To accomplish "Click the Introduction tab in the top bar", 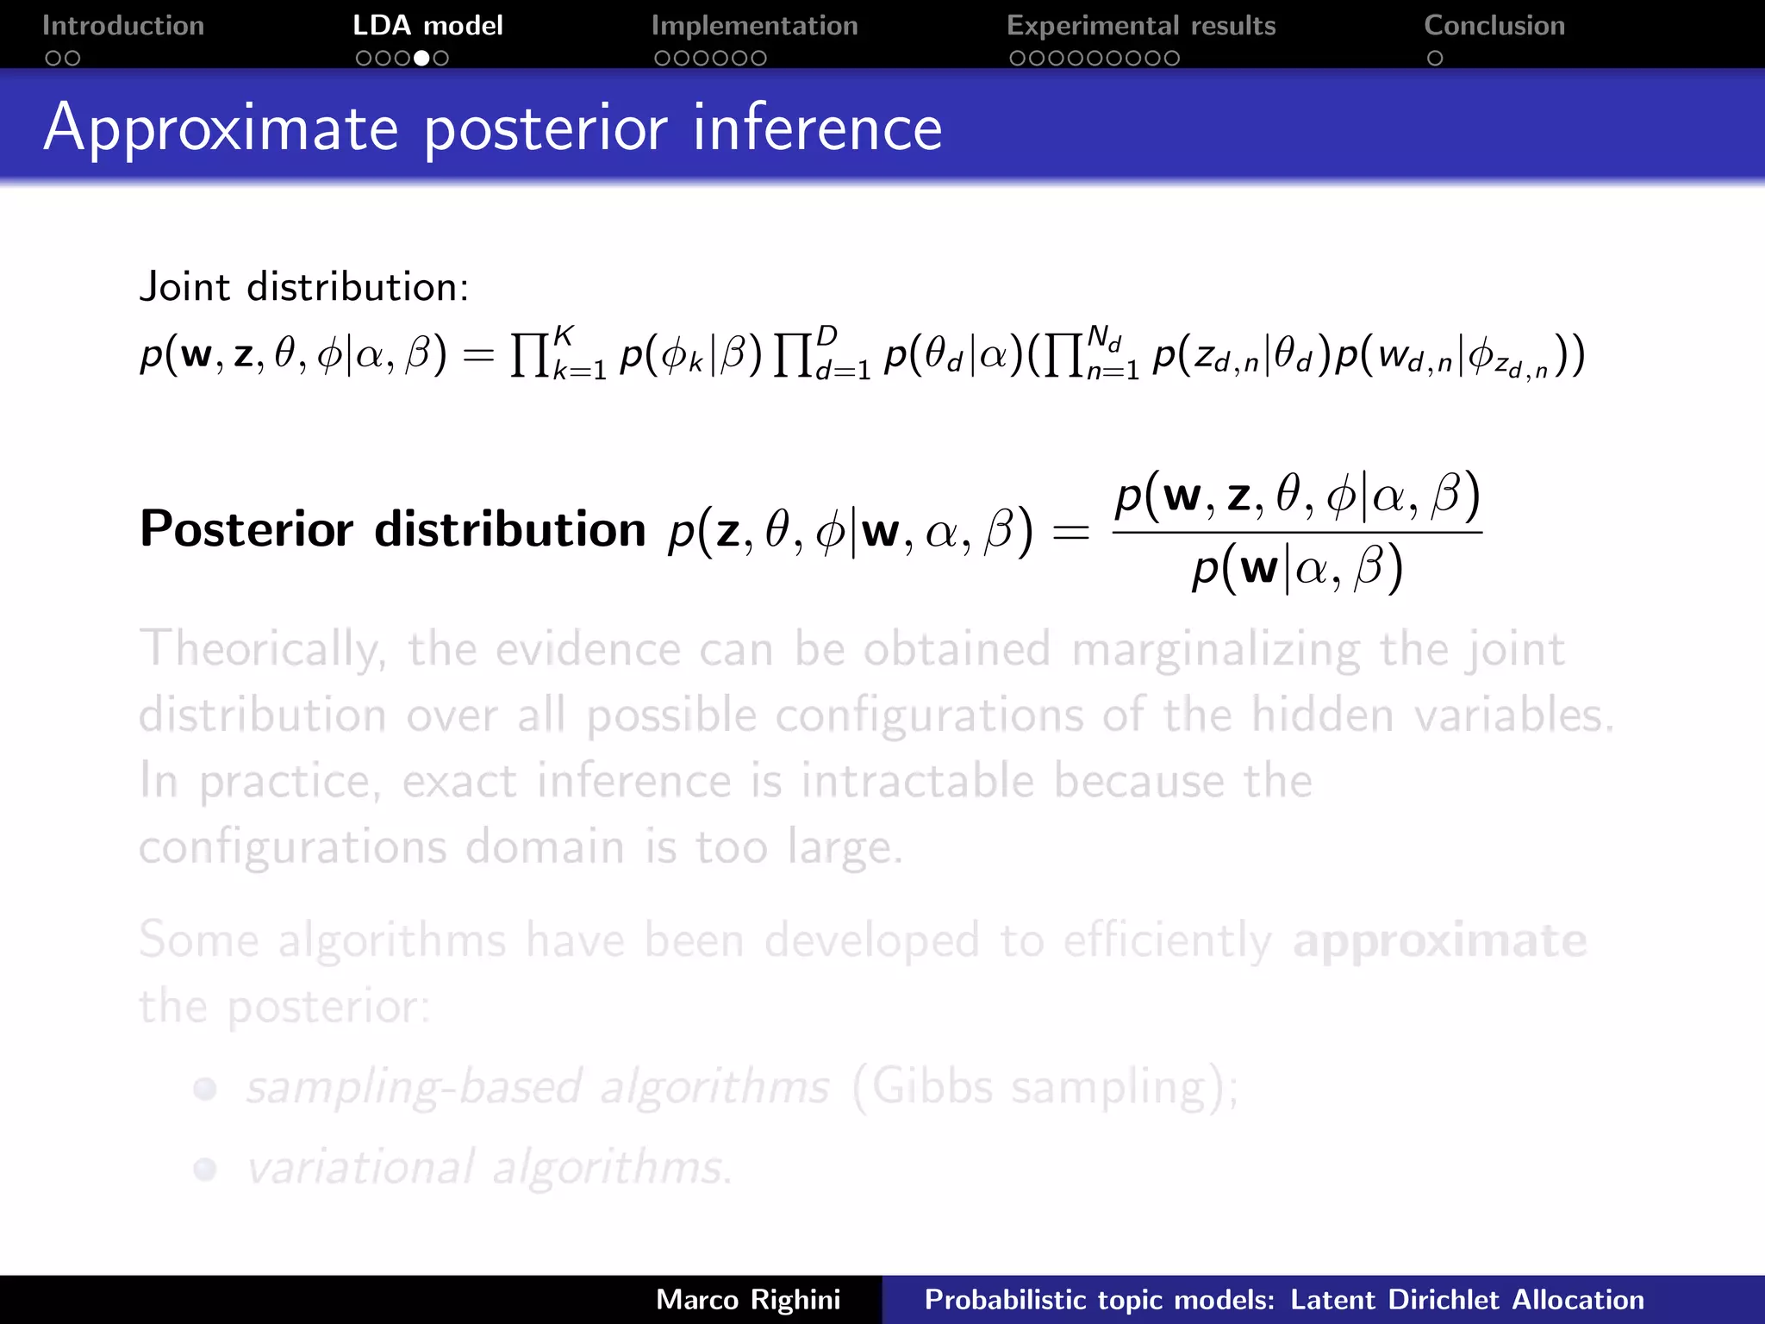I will pyautogui.click(x=123, y=26).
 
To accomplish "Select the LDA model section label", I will pyautogui.click(x=427, y=26).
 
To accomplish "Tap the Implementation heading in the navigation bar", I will pyautogui.click(x=754, y=26).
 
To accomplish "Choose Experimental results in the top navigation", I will pyautogui.click(x=1140, y=26).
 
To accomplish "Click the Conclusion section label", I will pyautogui.click(x=1494, y=26).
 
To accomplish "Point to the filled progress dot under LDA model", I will pyautogui.click(x=422, y=59).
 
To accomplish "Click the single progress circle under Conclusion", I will pyautogui.click(x=1435, y=59).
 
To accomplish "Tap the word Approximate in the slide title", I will pyautogui.click(x=221, y=129).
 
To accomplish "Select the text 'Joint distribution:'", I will pyautogui.click(x=304, y=287).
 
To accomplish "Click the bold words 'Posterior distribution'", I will pyautogui.click(x=393, y=528).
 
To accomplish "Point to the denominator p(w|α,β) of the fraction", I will pyautogui.click(x=1297, y=569).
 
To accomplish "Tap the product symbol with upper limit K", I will pyautogui.click(x=530, y=355).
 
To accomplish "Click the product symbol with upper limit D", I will pyautogui.click(x=793, y=355).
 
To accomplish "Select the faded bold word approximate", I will pyautogui.click(x=1439, y=940).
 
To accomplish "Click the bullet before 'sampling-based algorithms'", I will pyautogui.click(x=205, y=1089).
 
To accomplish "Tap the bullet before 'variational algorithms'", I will pyautogui.click(x=205, y=1170).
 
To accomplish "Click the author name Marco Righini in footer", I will pyautogui.click(x=747, y=1299).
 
